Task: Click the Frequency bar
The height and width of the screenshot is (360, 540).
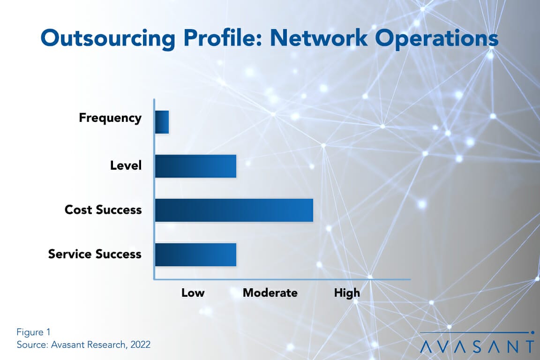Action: (x=162, y=122)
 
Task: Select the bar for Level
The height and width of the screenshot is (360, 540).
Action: (x=195, y=166)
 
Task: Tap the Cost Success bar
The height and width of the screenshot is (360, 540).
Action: (x=234, y=210)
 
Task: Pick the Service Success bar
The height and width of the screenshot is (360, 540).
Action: (x=195, y=255)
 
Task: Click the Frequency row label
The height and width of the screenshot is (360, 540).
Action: (x=110, y=118)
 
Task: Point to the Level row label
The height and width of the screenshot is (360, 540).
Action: (x=126, y=165)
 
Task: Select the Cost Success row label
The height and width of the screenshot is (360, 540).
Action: (x=103, y=210)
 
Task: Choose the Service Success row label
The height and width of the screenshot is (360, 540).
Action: (x=95, y=254)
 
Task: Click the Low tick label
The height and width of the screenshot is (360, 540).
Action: (x=193, y=293)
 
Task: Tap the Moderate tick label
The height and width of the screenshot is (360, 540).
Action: (x=270, y=293)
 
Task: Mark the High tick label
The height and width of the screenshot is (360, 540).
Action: (x=347, y=293)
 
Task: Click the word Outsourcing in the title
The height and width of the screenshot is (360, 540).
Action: (x=108, y=39)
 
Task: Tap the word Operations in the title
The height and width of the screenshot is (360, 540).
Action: (x=440, y=39)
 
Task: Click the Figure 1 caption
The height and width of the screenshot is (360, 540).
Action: (x=33, y=332)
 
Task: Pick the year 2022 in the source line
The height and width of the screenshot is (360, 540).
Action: (x=140, y=345)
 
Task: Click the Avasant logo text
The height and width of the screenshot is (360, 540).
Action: (x=477, y=346)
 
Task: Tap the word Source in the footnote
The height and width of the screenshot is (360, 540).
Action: (x=30, y=345)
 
